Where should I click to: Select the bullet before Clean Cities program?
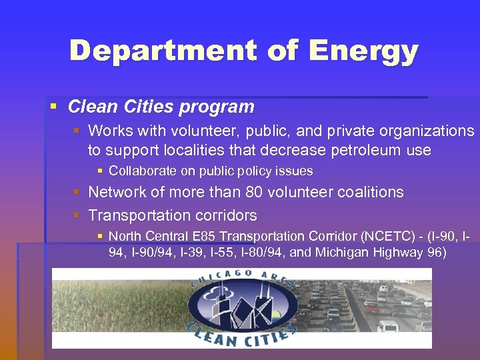click(54, 106)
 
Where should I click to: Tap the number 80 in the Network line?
click(251, 192)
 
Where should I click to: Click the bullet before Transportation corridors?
click(77, 215)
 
